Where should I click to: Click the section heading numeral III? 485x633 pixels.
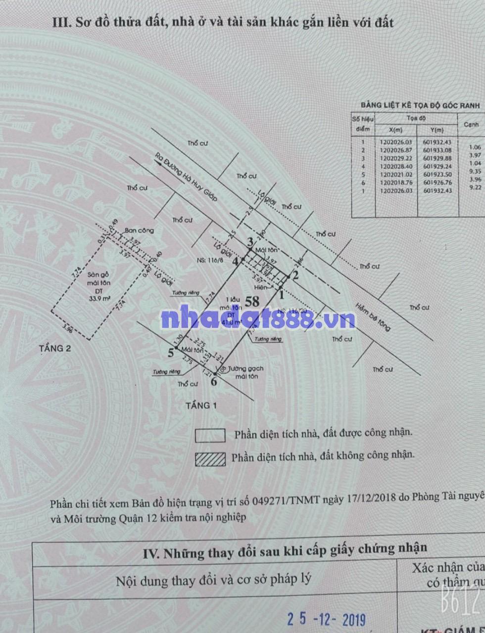tap(61, 22)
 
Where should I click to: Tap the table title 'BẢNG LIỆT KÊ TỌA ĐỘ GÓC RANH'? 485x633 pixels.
tap(420, 105)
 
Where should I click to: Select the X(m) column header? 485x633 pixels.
tap(395, 130)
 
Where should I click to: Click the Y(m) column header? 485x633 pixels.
tap(437, 130)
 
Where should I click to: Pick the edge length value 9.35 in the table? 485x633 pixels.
tap(475, 171)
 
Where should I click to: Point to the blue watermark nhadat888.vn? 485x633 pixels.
tap(258, 319)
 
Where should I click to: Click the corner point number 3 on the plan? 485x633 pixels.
tap(250, 242)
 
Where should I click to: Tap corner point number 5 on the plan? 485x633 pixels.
tap(171, 353)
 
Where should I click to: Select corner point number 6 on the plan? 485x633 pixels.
tap(214, 381)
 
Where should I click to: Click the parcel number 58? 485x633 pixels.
tap(252, 301)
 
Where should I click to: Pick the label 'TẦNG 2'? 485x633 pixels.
tap(55, 348)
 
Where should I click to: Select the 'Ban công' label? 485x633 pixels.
tap(139, 230)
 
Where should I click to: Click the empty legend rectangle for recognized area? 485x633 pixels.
tap(210, 435)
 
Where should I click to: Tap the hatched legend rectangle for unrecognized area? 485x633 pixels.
tap(210, 459)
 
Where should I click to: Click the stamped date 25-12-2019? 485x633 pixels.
tap(327, 619)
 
